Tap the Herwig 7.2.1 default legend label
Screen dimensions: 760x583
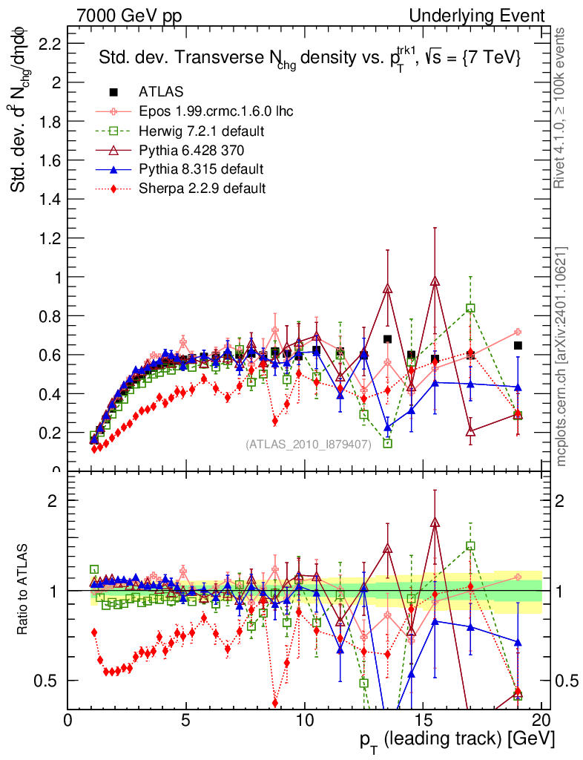(202, 131)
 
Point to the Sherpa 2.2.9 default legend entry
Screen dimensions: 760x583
(202, 188)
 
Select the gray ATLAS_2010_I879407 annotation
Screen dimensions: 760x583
(309, 445)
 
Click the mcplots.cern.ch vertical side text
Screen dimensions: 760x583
(562, 356)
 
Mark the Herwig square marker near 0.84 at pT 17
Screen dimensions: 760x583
(470, 308)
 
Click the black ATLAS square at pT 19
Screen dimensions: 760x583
(518, 345)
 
